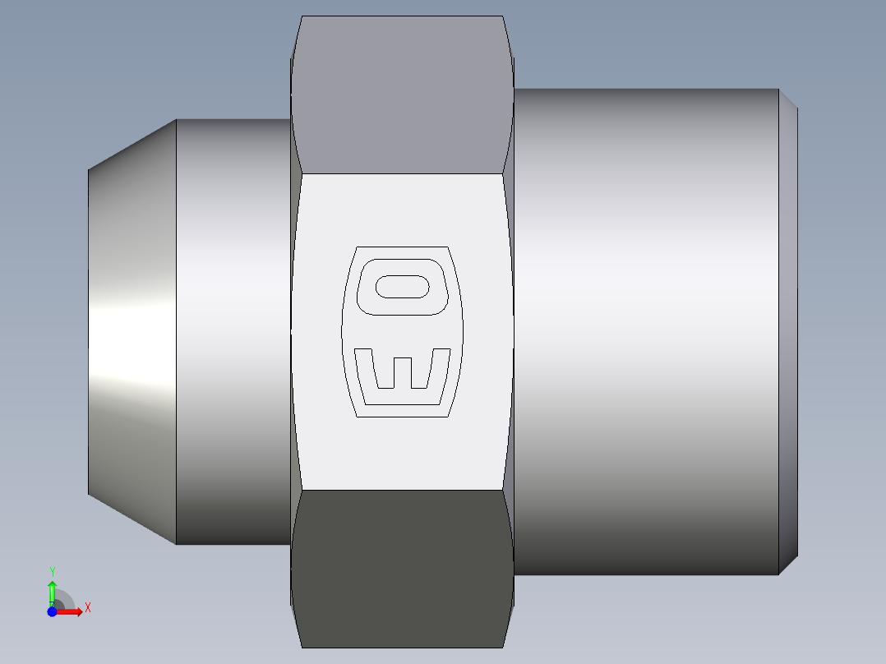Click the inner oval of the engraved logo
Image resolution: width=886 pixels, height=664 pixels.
[x=402, y=287]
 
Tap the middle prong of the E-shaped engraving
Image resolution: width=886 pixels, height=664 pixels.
[x=402, y=372]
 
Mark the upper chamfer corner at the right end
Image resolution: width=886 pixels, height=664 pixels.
[x=788, y=98]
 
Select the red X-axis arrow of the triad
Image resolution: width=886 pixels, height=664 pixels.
[x=70, y=611]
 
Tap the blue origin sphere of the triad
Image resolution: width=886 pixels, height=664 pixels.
[x=52, y=611]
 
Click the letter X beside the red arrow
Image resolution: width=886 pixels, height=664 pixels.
[x=87, y=608]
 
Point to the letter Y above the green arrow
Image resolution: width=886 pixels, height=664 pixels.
[x=52, y=571]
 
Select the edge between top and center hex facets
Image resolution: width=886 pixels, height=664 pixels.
[x=402, y=173]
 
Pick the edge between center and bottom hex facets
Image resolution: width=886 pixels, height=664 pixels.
[x=402, y=491]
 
